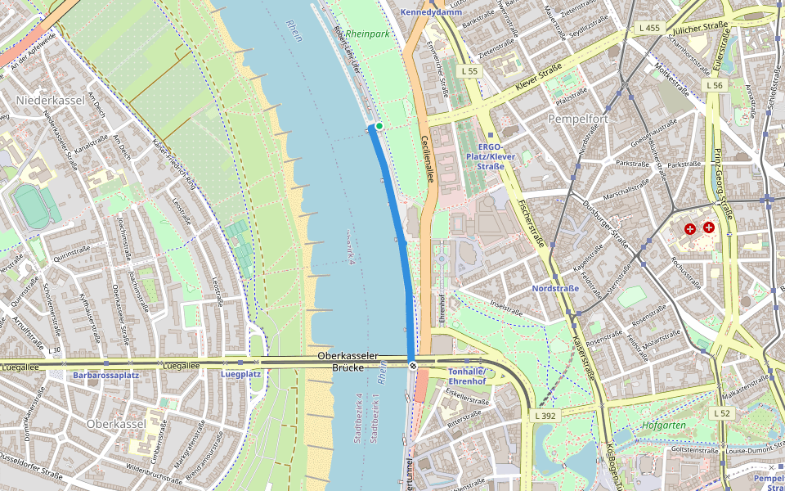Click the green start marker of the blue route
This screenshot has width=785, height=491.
click(379, 126)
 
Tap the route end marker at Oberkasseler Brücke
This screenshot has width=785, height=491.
click(413, 366)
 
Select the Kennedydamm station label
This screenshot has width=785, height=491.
click(431, 12)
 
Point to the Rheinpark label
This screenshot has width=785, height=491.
click(367, 34)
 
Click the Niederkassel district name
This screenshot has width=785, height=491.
click(45, 100)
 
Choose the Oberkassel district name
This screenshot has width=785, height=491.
click(115, 424)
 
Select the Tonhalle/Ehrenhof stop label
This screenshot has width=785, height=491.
click(467, 376)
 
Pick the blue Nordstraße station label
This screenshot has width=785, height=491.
click(555, 288)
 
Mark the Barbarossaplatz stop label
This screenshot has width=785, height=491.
click(106, 375)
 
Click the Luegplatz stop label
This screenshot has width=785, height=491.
click(240, 374)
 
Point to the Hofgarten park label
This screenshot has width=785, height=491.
click(663, 426)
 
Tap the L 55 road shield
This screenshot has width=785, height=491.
click(469, 72)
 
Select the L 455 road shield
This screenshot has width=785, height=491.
click(648, 28)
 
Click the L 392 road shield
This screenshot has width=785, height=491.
click(545, 416)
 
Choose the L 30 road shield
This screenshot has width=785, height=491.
click(54, 350)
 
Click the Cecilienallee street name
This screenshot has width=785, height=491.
click(425, 160)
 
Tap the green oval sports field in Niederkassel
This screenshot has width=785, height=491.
click(32, 207)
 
